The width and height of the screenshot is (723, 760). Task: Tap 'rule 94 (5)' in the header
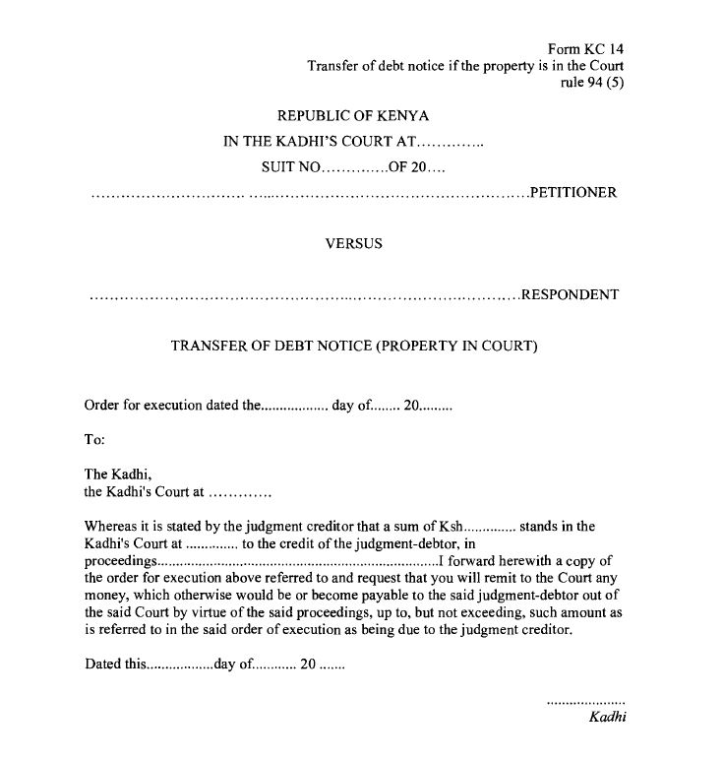click(592, 82)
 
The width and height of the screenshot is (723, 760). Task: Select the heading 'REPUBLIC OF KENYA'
click(353, 116)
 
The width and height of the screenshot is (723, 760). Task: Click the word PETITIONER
click(573, 193)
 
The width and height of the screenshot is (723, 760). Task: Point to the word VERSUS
click(353, 243)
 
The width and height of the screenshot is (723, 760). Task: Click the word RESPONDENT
click(570, 295)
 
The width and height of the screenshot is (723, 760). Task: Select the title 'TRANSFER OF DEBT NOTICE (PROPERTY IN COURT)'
click(354, 347)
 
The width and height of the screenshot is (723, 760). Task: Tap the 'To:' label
click(94, 440)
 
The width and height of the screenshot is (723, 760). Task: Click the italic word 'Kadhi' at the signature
click(607, 717)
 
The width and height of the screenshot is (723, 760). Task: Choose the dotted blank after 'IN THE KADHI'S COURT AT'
click(452, 143)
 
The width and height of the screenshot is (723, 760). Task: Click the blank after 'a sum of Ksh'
click(489, 527)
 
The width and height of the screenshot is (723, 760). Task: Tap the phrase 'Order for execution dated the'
click(170, 405)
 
